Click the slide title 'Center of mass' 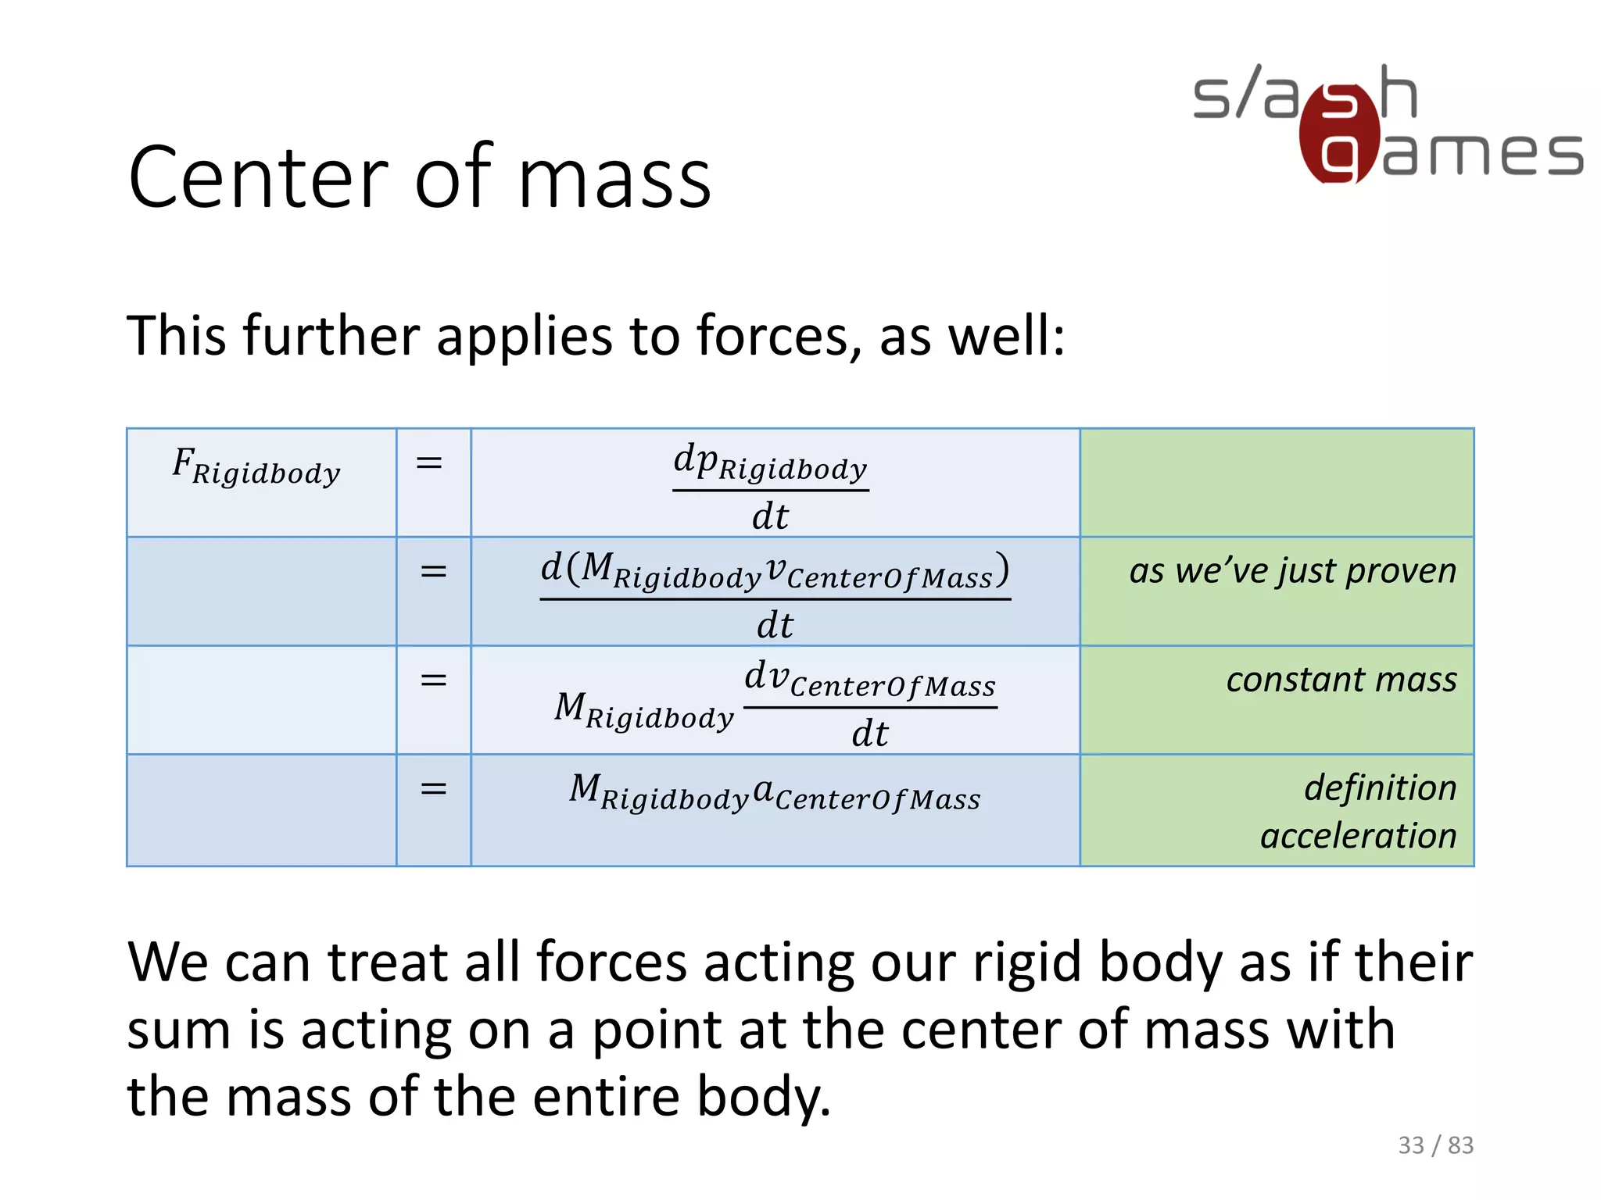point(420,178)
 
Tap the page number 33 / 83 point(1435,1145)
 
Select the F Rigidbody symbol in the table point(256,466)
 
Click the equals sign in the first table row point(429,463)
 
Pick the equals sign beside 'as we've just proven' point(433,571)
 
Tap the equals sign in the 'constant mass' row point(433,680)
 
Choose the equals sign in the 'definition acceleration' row point(433,788)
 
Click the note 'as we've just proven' point(1293,570)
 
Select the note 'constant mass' point(1341,679)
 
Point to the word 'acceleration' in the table point(1359,836)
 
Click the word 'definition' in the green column point(1381,787)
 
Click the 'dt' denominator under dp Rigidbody point(771,516)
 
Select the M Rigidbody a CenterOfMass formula point(775,792)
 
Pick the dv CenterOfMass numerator point(870,679)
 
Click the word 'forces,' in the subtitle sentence point(779,336)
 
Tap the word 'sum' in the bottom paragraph point(179,1030)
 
